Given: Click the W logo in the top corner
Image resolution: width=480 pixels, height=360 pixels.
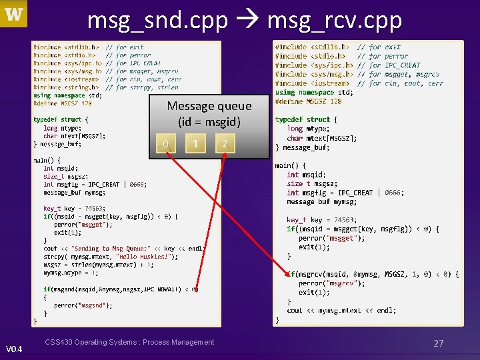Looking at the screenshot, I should [x=14, y=14].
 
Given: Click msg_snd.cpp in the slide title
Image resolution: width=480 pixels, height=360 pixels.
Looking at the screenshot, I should [x=157, y=21].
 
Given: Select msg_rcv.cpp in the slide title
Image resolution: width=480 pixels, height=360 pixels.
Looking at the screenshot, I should [x=335, y=21].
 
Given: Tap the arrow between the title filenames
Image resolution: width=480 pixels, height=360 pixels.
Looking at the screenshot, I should [x=247, y=21].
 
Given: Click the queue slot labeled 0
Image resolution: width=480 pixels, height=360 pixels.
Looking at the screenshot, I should [x=166, y=143].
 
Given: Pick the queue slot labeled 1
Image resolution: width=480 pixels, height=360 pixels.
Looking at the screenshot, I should [x=195, y=143].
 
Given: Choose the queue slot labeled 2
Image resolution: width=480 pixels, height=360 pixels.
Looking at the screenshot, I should [x=225, y=143].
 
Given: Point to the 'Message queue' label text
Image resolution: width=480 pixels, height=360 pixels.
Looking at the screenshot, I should [x=209, y=106].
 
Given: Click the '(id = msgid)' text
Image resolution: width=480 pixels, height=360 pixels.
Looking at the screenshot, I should [x=209, y=122].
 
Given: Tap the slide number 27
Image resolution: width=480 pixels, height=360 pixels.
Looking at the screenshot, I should [x=438, y=343].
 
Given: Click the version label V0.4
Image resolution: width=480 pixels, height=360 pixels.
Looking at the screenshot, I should [x=14, y=349].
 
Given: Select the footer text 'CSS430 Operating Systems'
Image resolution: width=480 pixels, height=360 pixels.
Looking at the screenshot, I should [x=129, y=342].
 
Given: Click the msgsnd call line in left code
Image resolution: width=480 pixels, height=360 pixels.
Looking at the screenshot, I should [x=121, y=289].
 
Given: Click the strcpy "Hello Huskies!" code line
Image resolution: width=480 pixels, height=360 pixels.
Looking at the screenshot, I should [x=111, y=257].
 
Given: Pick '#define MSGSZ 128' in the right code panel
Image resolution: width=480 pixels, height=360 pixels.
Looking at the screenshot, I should [x=308, y=101].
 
